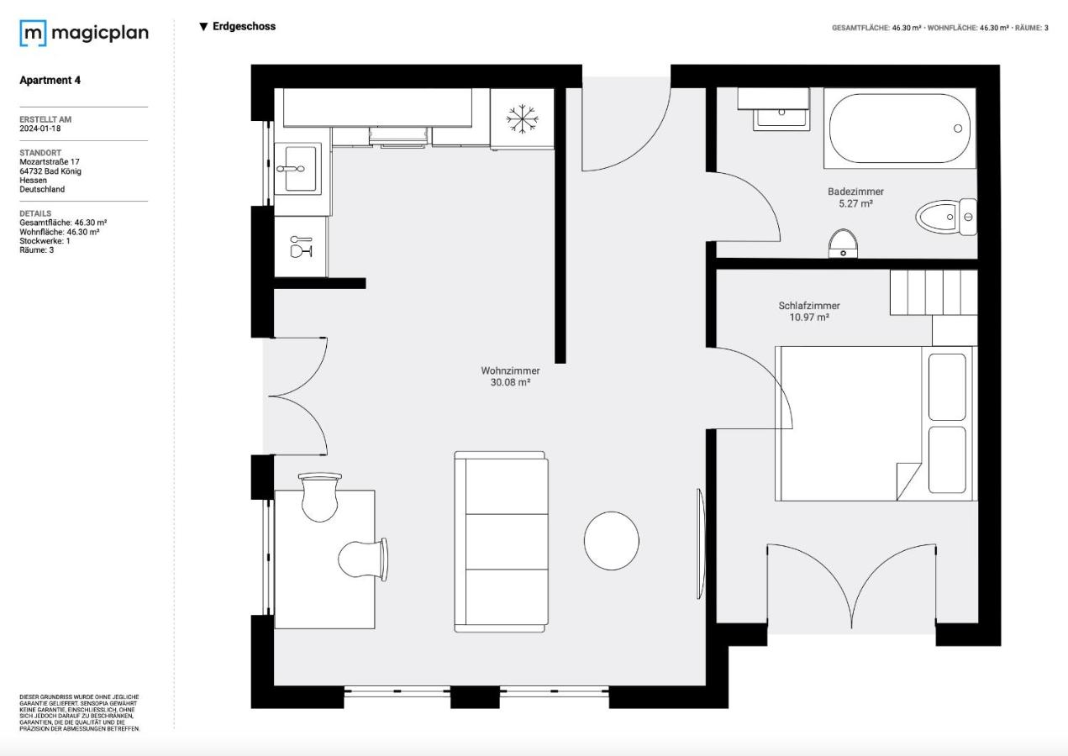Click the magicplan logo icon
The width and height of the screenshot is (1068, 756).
[33, 34]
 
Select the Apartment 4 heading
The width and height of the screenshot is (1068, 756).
[50, 81]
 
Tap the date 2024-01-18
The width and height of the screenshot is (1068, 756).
[40, 129]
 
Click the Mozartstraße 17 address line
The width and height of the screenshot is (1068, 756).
[50, 161]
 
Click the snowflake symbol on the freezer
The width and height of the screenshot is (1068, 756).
[522, 118]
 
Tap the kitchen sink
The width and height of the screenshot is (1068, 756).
[297, 168]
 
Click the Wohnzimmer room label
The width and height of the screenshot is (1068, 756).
[510, 370]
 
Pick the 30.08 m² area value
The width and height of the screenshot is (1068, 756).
[510, 382]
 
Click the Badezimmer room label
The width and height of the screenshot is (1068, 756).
[855, 192]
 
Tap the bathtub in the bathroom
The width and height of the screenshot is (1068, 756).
[900, 129]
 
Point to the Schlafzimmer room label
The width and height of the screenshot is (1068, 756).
[809, 306]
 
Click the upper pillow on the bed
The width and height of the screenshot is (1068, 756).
[947, 386]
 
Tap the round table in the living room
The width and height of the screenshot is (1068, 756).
[612, 541]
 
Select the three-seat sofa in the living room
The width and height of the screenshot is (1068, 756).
[501, 542]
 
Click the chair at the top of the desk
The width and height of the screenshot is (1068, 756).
[319, 496]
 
